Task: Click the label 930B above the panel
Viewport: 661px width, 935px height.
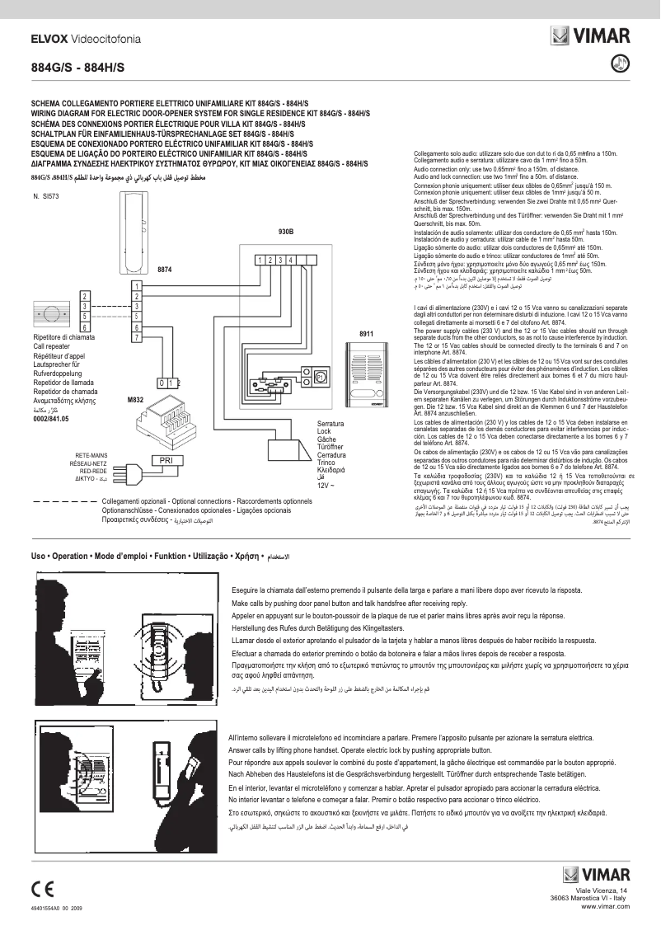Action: (287, 233)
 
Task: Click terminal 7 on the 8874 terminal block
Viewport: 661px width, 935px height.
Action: (137, 337)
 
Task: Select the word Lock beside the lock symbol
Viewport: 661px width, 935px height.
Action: (324, 432)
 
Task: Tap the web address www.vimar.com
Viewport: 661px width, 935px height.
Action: (605, 906)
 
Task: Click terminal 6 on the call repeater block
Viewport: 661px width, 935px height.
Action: (85, 327)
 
